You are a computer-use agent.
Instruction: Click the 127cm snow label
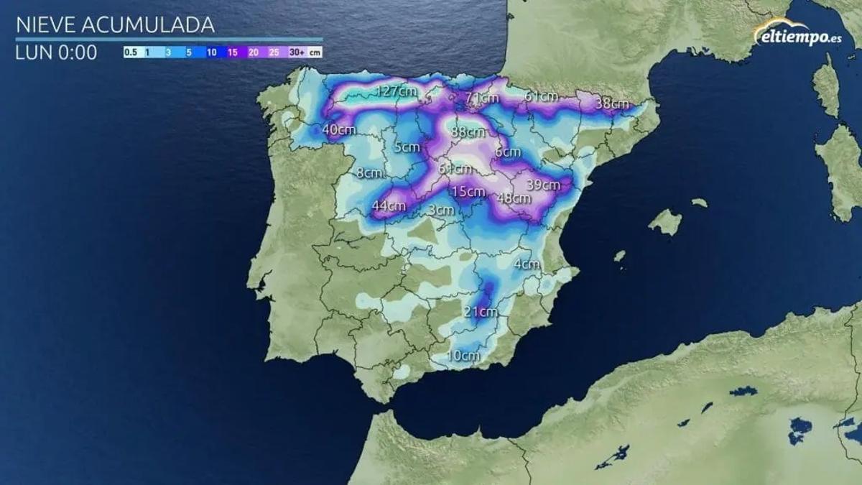397,91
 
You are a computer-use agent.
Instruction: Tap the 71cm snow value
481,98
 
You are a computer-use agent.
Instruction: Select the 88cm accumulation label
468,132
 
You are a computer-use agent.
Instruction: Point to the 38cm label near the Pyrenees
612,103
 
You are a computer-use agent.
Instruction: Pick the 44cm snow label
389,206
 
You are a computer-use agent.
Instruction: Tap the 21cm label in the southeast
480,311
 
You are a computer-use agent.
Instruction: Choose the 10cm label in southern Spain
463,355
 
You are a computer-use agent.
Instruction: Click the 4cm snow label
527,264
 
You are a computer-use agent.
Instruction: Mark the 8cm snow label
369,172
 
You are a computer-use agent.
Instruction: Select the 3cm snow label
441,210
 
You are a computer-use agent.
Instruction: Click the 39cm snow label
542,185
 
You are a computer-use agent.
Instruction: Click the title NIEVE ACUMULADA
116,25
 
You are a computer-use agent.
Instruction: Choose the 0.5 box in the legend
131,52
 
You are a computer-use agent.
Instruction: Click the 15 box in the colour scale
233,52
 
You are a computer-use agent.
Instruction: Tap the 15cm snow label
468,191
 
